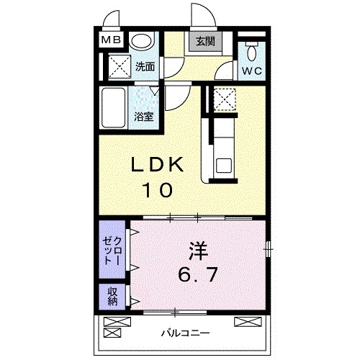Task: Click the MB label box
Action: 112,41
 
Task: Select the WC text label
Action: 251,71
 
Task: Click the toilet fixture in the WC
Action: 251,52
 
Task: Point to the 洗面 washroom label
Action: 145,68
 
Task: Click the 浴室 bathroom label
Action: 144,117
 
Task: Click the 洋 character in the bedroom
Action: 199,252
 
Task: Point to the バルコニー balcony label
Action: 185,333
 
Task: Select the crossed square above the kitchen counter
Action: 224,99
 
